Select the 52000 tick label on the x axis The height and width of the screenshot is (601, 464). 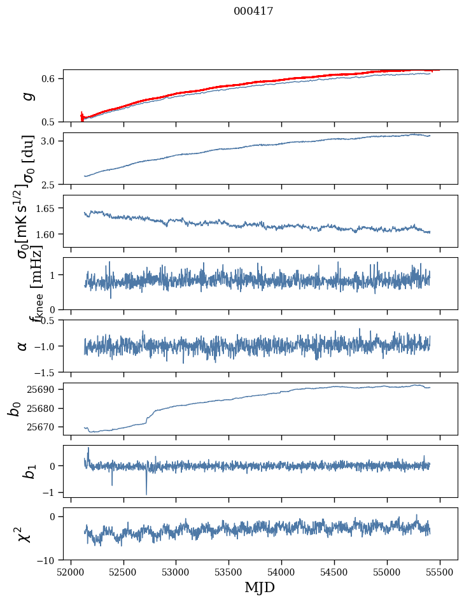(x=71, y=571)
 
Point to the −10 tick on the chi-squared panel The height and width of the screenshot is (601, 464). (x=49, y=560)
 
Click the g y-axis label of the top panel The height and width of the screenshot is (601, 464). (x=27, y=95)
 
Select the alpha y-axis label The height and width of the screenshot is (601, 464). (x=23, y=346)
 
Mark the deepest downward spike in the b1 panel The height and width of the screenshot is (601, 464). (x=146, y=494)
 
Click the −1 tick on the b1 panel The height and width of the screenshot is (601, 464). (x=52, y=492)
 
